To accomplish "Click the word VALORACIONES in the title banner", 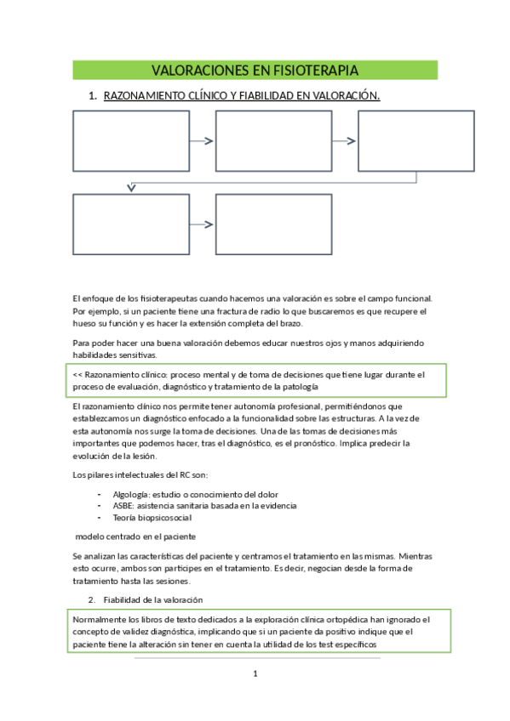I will pos(199,70).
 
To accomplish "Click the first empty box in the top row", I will pos(131,141).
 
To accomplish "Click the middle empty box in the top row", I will pos(273,141).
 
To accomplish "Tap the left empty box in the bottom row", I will pos(130,224).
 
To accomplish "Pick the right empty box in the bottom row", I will pos(273,224).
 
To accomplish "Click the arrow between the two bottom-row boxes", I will pos(203,224).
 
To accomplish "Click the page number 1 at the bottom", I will pos(255,674).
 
